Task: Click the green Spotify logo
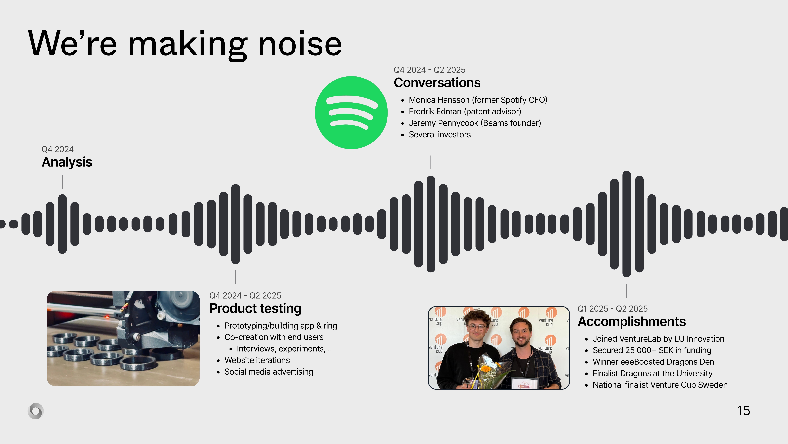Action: pos(351,113)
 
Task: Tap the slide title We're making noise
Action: pos(185,44)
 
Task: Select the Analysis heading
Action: pos(67,162)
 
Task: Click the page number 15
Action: pos(743,411)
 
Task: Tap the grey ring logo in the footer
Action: pos(35,411)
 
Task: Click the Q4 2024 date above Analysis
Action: pos(58,149)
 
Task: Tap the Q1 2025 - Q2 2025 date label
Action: pos(612,309)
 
